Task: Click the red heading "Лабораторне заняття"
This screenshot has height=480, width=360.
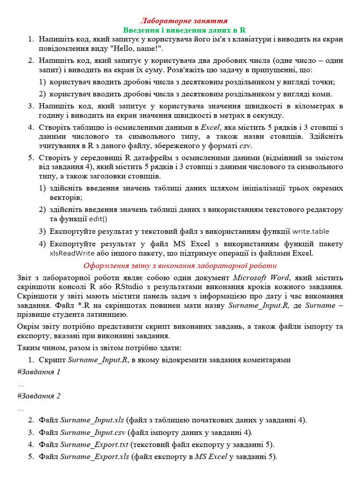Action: point(184,21)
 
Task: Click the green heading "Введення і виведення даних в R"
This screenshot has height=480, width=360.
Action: point(184,30)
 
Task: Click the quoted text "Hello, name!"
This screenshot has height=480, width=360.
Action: point(142,48)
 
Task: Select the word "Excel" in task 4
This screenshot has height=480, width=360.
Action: point(210,127)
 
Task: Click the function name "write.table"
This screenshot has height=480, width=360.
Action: point(311,231)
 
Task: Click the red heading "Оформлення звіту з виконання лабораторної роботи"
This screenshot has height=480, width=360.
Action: point(180,265)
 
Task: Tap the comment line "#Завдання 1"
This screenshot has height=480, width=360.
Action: point(38,372)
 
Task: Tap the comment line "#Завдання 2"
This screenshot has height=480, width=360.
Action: point(38,396)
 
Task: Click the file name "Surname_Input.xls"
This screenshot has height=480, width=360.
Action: point(92,420)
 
